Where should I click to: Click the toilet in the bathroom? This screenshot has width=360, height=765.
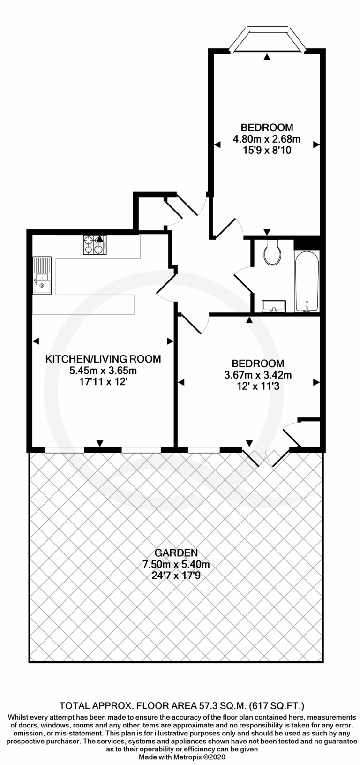coord(272,252)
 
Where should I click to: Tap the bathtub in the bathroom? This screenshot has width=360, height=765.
coord(307,282)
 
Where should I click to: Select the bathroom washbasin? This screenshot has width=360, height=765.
coord(274,306)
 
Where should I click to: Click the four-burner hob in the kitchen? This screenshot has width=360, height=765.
coord(95,245)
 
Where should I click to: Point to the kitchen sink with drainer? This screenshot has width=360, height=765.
coord(42,275)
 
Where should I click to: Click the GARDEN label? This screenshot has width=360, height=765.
coord(176,553)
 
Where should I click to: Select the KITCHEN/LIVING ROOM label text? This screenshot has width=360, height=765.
coord(104,359)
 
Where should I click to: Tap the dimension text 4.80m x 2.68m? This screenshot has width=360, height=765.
coord(267,139)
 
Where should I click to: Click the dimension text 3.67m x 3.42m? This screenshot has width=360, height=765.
coord(258,375)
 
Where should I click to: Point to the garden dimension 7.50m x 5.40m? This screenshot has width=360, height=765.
coord(176,564)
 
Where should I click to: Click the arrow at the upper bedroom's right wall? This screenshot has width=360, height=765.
coord(316,145)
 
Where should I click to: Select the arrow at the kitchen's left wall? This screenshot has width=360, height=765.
coord(36,341)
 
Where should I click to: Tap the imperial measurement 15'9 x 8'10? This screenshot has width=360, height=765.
coord(267,150)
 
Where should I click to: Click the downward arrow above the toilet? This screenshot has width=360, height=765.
coord(267,232)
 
